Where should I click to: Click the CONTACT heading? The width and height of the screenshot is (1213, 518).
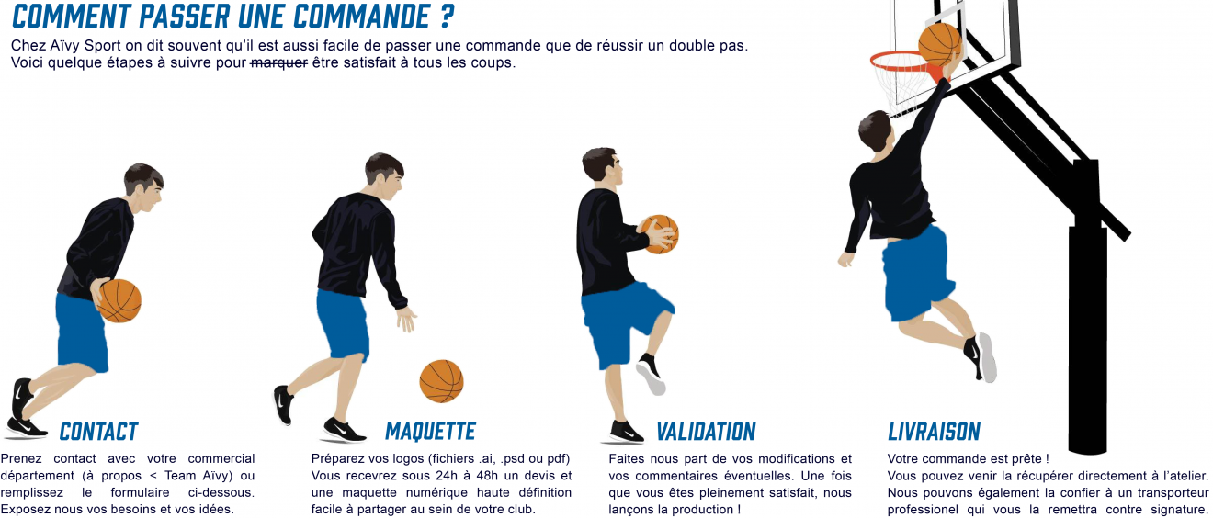click(98, 432)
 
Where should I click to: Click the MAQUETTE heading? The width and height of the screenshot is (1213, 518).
click(430, 432)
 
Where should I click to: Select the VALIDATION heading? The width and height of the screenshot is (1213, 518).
click(706, 432)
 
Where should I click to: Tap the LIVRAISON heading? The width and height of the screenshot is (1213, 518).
click(935, 432)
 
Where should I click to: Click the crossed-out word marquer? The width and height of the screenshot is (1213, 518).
click(278, 62)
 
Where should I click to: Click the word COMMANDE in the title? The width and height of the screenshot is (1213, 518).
click(362, 17)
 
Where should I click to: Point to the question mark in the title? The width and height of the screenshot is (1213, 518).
click(447, 17)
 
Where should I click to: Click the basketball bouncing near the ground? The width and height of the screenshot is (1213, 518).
click(441, 381)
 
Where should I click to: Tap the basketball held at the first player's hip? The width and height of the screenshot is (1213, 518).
click(119, 301)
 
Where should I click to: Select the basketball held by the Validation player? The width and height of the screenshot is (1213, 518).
click(659, 234)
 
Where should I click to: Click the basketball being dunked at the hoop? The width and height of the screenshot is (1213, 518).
click(939, 44)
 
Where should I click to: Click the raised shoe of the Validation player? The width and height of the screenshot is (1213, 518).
click(651, 374)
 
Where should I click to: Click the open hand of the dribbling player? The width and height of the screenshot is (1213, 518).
click(405, 319)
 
